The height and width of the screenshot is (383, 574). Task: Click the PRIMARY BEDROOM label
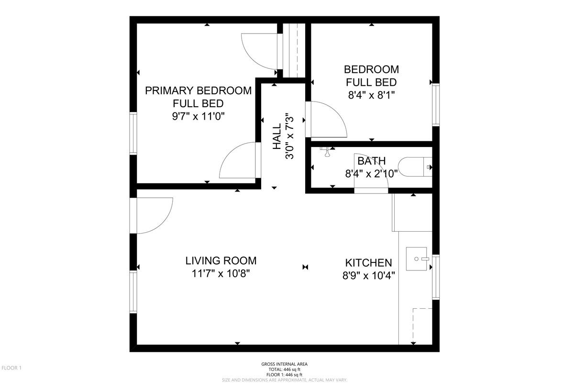(x=198, y=90)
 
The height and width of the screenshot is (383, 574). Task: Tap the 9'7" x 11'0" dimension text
(x=198, y=116)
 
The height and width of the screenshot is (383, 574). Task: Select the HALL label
(x=277, y=136)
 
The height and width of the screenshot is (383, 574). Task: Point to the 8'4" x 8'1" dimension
(x=371, y=95)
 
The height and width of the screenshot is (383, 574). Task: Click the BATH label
(x=371, y=161)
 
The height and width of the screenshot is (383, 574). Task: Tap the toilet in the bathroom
(x=415, y=167)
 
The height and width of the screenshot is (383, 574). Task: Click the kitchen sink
(x=417, y=259)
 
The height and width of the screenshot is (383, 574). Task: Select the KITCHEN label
(x=368, y=263)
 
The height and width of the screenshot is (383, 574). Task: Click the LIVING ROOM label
(x=221, y=260)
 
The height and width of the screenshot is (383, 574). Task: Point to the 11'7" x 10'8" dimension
(x=221, y=274)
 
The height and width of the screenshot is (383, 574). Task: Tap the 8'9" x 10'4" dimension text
(x=368, y=276)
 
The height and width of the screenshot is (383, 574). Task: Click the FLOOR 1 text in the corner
(x=11, y=368)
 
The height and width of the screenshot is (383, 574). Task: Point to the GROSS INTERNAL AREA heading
(x=285, y=364)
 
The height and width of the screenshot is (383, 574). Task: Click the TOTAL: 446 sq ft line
(x=285, y=370)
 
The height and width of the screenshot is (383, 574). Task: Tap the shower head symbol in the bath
(x=327, y=152)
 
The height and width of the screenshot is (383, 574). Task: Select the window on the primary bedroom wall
(x=133, y=134)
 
